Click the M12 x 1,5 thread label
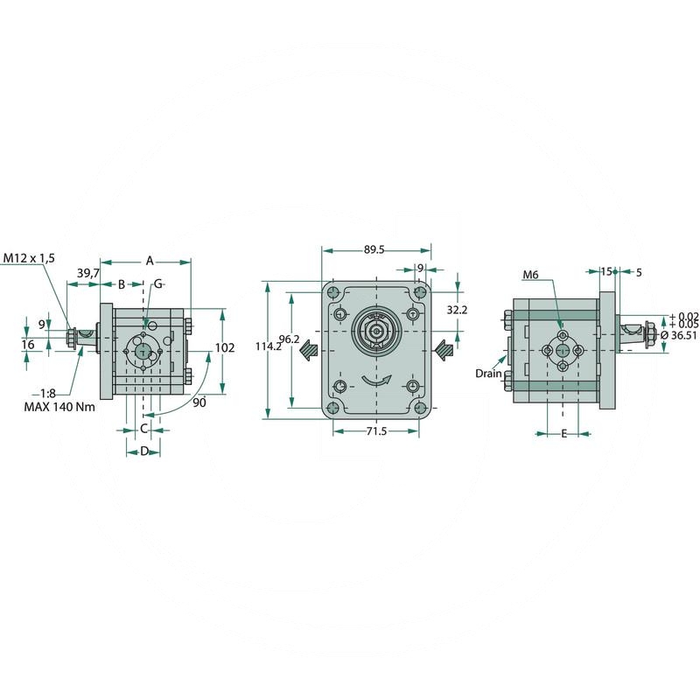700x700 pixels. (28, 258)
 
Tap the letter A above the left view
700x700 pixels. (150, 260)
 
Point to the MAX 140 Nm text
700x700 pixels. (60, 407)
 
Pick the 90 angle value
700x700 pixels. (199, 402)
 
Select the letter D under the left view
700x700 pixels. (144, 451)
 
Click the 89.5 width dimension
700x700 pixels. (374, 249)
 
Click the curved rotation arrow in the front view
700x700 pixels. (377, 381)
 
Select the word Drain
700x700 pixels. (488, 373)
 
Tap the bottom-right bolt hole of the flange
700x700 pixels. (421, 408)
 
